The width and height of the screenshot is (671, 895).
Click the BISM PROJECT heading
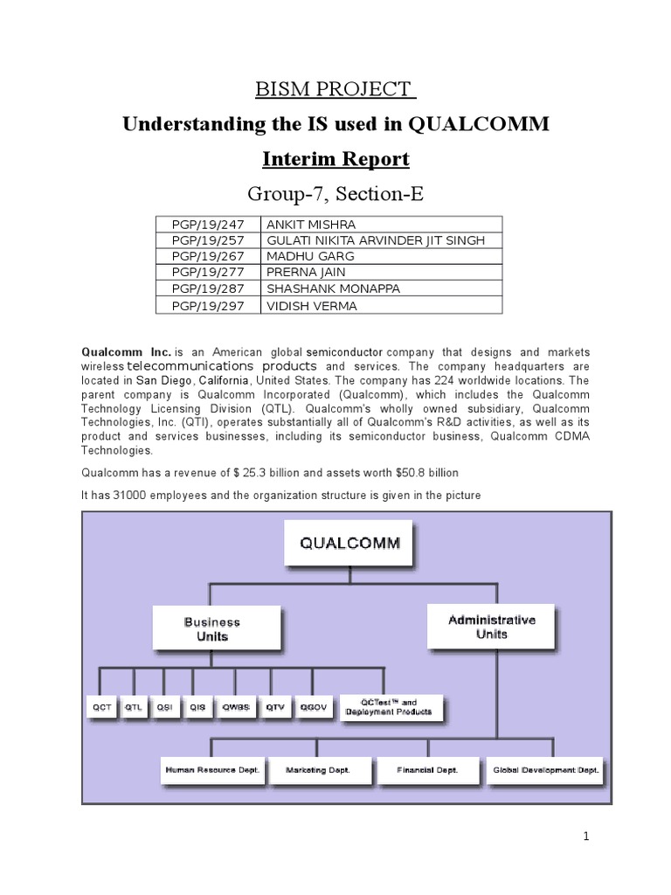coord(335,89)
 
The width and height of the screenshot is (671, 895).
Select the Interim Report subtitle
coord(335,160)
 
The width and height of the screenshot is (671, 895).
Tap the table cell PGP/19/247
coord(206,225)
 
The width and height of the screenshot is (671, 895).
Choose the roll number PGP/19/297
coord(206,306)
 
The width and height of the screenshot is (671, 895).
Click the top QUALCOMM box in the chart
coord(349,544)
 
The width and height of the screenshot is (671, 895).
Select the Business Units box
coord(211,629)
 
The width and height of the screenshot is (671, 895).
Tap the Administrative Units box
coord(491,626)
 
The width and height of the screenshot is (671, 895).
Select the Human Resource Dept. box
coord(214,771)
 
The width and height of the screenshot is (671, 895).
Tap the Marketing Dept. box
coord(318,771)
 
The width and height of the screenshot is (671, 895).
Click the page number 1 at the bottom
coord(587,837)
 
